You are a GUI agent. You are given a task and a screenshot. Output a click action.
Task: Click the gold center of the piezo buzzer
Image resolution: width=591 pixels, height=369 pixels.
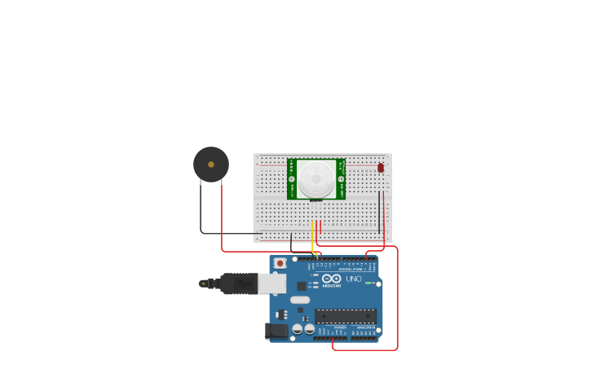pos(211,165)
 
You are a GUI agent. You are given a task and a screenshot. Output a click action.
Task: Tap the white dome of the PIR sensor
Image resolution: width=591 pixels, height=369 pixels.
pos(315,178)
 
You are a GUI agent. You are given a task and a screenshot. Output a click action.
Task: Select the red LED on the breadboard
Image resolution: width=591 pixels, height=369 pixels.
pos(381,168)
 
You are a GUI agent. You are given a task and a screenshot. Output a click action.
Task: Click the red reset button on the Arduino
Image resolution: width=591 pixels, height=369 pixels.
pos(280,263)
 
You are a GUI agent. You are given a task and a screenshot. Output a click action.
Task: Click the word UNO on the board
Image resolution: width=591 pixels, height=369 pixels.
pos(353,279)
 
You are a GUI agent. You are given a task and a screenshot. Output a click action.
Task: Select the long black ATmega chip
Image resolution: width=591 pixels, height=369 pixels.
pos(346,316)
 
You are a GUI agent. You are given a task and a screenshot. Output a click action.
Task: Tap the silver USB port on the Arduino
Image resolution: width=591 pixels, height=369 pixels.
pos(272,283)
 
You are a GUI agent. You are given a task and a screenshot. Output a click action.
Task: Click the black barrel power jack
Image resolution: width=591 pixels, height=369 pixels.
pos(277,331)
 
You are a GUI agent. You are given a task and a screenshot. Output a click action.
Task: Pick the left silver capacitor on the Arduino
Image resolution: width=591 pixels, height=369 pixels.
pos(298,329)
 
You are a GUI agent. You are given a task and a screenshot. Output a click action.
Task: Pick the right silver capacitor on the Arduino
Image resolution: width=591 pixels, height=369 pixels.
pos(310,329)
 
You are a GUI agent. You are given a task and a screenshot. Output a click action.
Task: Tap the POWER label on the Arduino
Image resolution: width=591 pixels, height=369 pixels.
pos(340,327)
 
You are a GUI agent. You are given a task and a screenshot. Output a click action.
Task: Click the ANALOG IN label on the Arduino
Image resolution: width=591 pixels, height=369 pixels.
pos(366,327)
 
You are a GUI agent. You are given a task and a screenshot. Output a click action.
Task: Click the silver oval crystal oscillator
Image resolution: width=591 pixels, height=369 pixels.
pos(300,300)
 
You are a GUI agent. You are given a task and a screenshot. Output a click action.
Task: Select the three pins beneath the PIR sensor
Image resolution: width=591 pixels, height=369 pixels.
pos(316,200)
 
